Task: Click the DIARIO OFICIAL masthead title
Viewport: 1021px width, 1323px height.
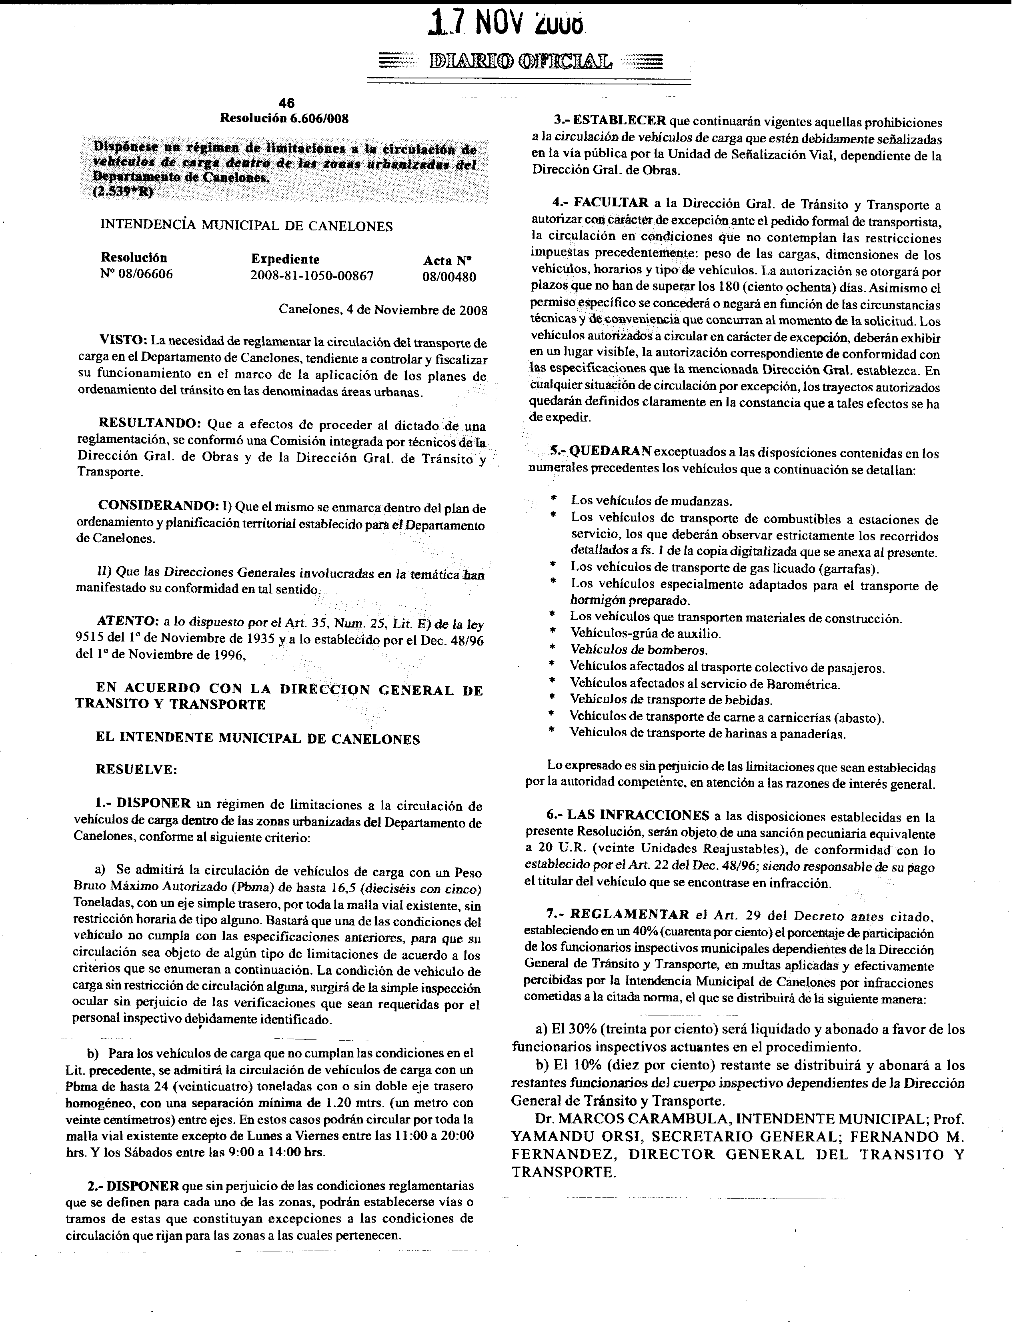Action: [x=520, y=61]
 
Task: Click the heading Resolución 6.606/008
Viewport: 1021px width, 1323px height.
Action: [x=284, y=119]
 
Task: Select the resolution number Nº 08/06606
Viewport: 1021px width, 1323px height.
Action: [x=136, y=274]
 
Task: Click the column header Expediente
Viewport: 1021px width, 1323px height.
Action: [x=285, y=259]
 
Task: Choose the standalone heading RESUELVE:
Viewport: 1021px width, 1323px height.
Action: [x=136, y=770]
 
